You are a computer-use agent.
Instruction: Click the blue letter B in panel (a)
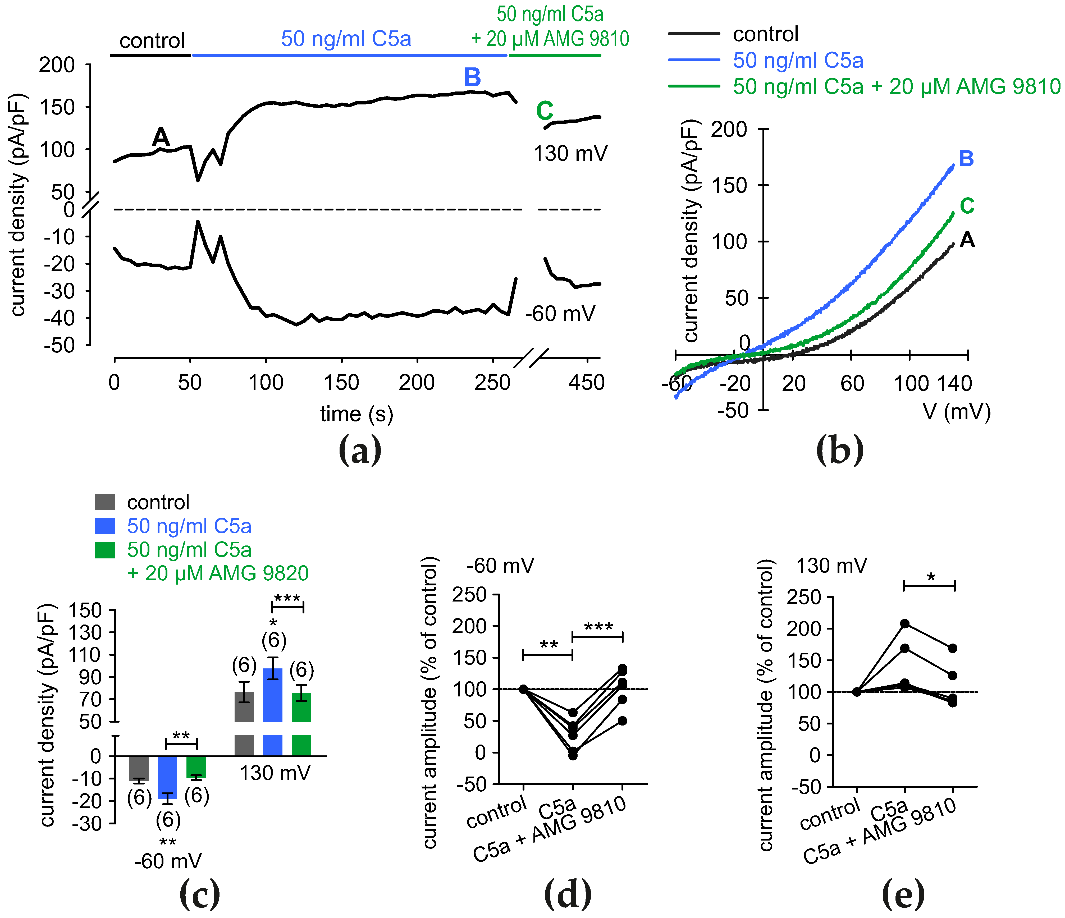[x=472, y=78]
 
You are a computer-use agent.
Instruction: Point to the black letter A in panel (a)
[x=161, y=137]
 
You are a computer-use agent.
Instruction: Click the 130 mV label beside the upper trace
[x=570, y=154]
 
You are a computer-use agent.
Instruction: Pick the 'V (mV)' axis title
[x=956, y=411]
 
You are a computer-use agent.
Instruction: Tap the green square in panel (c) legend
[x=105, y=550]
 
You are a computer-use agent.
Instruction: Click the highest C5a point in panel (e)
[x=905, y=623]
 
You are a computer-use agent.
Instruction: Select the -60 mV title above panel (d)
[x=500, y=566]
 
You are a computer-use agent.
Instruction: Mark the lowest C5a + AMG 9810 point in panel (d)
[x=623, y=721]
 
